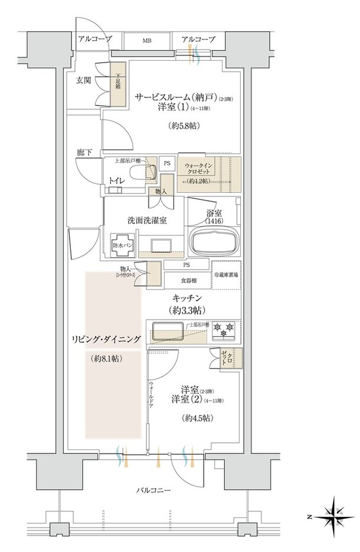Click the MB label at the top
(x=145, y=40)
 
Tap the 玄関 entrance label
(x=83, y=80)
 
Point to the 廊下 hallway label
(x=84, y=153)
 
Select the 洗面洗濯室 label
(x=146, y=220)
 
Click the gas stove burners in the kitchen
(x=224, y=330)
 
